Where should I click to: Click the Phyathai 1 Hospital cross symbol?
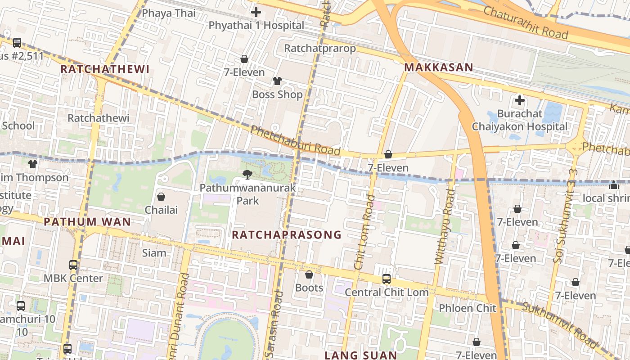pos(256,12)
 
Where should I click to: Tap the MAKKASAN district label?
pos(438,67)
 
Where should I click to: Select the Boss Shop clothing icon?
pos(277,81)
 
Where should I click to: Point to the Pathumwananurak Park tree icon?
pos(247,175)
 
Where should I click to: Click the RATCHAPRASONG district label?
pos(287,235)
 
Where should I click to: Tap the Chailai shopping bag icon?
pos(161,197)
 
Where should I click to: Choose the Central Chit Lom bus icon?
pos(386,279)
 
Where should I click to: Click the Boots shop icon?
pos(309,274)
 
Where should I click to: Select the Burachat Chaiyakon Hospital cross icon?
pos(519,100)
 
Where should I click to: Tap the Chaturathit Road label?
pos(526,22)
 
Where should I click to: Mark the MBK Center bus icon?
pos(73,265)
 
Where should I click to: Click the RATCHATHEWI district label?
pos(104,69)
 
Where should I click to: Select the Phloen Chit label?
pos(467,308)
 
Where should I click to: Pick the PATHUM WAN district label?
pos(87,222)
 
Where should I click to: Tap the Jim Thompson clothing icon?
pos(32,164)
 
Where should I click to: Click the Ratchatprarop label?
pos(320,48)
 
